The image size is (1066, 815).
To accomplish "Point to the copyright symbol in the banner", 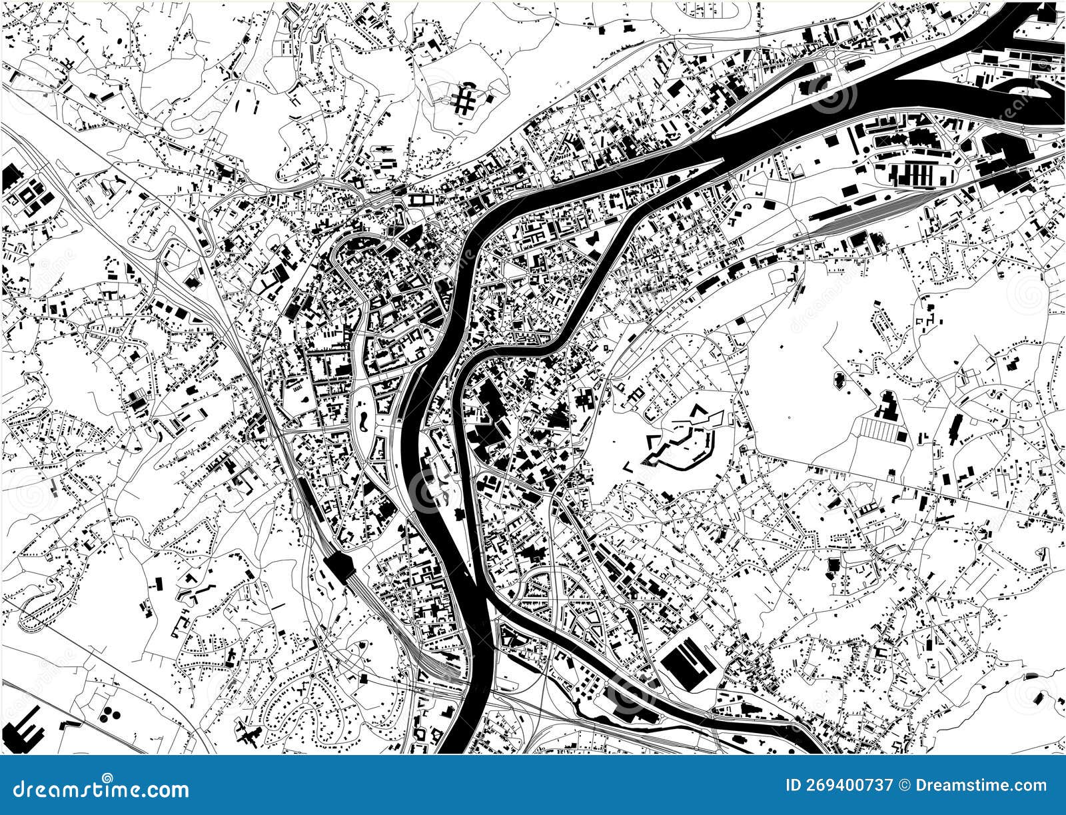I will pyautogui.click(x=904, y=786).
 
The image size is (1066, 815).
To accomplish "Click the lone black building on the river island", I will pyautogui.click(x=460, y=514).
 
